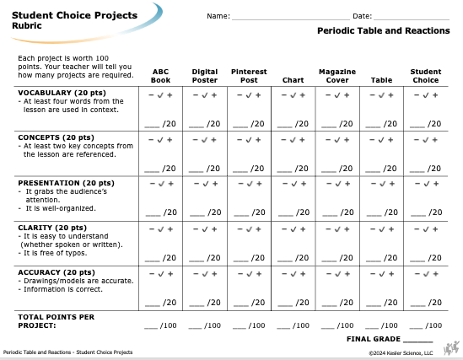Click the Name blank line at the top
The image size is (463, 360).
[291, 19]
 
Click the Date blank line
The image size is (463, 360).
[412, 19]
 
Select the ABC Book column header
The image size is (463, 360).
[160, 76]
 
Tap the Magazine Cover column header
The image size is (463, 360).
[337, 76]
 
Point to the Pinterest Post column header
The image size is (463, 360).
[249, 76]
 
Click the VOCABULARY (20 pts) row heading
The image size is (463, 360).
[62, 93]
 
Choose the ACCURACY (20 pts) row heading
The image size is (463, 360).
[57, 272]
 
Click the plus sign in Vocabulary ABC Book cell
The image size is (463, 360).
[170, 95]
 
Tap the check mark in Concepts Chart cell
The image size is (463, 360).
[293, 140]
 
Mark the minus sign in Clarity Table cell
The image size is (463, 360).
[373, 229]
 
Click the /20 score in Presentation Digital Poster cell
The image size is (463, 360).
[214, 212]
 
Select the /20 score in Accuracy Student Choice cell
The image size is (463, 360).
[434, 303]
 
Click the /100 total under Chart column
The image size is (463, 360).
[301, 325]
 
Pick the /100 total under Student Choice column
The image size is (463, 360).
[433, 325]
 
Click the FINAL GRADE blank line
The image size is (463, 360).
[417, 342]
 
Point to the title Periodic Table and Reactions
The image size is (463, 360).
[384, 30]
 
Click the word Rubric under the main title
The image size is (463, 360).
[27, 25]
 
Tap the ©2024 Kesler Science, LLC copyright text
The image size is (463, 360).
[401, 353]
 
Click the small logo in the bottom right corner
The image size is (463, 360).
[451, 348]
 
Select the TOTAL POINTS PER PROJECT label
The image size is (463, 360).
[57, 321]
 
